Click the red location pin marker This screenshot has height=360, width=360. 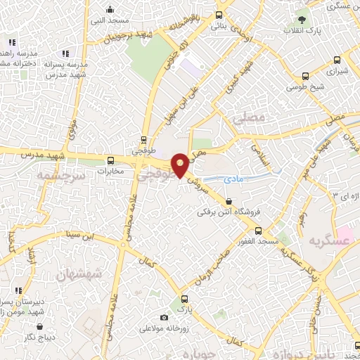pos(180,165)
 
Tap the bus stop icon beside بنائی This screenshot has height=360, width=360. pos(219,15)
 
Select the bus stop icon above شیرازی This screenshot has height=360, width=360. pos(305,77)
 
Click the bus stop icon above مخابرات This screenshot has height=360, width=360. pos(110,160)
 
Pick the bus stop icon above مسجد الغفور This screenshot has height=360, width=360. pos(258,231)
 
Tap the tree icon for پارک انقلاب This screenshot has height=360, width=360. pos(302,20)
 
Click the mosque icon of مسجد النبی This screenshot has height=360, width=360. pos(110,10)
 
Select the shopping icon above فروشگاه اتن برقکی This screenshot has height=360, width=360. pos(227,201)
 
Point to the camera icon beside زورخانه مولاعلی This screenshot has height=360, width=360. pos(165,317)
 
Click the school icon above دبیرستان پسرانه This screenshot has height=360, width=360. pos(19,290)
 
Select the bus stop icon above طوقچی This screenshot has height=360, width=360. pos(144,139)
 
